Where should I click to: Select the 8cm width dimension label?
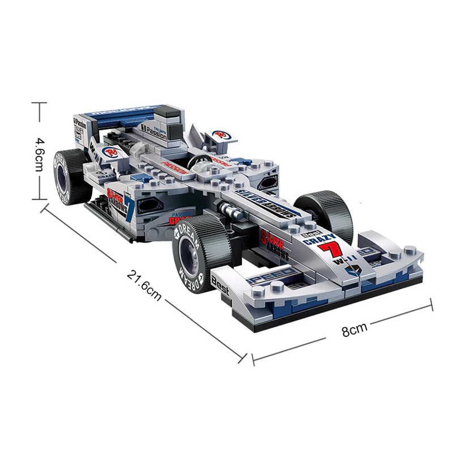(x=354, y=329)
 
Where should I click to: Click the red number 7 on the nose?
(x=335, y=248)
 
